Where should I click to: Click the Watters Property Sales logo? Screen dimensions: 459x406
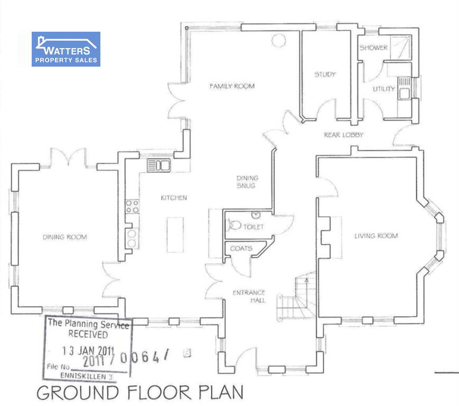(66, 49)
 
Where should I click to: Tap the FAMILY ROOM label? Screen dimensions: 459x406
(232, 86)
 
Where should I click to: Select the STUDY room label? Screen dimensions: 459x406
(325, 75)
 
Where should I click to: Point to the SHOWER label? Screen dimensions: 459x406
(373, 48)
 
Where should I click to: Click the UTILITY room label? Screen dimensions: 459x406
(384, 89)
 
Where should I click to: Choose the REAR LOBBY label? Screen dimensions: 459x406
(343, 135)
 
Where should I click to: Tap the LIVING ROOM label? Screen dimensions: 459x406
(376, 236)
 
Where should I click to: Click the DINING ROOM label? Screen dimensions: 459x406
(64, 237)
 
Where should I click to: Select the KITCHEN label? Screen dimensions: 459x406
(174, 198)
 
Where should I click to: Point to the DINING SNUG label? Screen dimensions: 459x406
(247, 182)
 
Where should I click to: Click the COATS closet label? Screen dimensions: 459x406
(241, 248)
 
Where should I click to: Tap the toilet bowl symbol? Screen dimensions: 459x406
(235, 225)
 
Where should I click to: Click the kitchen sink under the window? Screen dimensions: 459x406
(158, 165)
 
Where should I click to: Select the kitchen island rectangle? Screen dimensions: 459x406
(175, 235)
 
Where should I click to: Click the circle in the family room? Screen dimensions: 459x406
(278, 40)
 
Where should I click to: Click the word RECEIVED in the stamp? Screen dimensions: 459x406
(88, 334)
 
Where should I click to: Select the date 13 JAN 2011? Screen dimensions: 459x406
(88, 350)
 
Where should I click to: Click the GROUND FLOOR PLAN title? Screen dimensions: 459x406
(140, 393)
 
